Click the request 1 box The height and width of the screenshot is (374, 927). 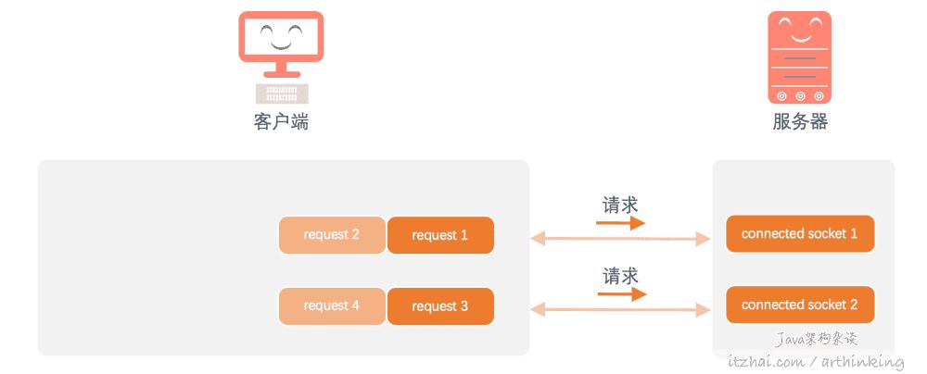440,235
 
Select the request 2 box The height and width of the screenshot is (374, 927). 332,235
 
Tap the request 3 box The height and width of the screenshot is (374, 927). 440,306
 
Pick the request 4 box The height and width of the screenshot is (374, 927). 332,306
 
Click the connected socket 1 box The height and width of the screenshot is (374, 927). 800,234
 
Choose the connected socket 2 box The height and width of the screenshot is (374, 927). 800,305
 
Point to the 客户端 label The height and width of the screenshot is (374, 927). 281,121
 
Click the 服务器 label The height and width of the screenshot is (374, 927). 799,121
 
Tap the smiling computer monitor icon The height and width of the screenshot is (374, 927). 281,42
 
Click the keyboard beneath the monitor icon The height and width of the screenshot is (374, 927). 282,93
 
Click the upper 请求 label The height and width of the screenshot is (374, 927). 620,205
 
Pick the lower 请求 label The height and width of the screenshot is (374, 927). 620,276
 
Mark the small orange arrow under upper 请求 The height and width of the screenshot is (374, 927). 621,223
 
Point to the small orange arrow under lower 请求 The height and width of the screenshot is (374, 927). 621,294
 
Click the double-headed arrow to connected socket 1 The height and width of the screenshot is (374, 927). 620,240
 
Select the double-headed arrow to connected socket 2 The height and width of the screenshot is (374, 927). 620,310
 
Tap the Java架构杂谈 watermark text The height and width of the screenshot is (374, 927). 817,340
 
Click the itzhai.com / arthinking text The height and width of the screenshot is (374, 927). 817,361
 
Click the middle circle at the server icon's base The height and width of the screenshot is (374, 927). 800,95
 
